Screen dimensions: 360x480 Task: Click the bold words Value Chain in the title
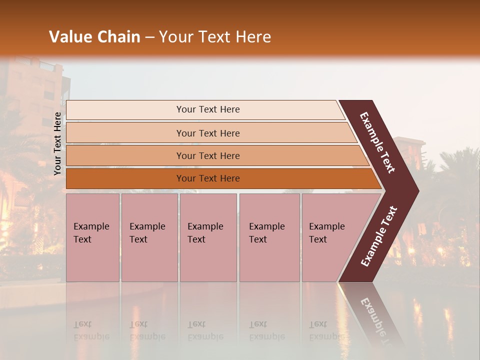(x=94, y=37)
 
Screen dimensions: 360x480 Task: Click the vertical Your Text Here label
(x=57, y=143)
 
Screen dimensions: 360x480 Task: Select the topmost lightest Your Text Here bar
(x=207, y=109)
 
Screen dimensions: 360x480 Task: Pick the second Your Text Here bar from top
(x=207, y=133)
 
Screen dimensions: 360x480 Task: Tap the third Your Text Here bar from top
(x=207, y=155)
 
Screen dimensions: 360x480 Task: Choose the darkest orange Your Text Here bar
(x=207, y=178)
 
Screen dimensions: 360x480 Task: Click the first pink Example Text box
(x=92, y=237)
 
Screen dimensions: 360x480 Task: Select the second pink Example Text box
(x=149, y=237)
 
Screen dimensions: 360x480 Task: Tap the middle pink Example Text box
(x=208, y=237)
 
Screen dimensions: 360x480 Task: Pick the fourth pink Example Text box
(x=269, y=237)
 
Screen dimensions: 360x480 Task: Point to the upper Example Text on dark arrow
(x=377, y=142)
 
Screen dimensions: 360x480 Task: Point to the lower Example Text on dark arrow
(x=379, y=236)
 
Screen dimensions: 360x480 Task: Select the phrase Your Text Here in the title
(x=215, y=37)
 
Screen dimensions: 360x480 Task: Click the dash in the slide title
(x=149, y=37)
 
